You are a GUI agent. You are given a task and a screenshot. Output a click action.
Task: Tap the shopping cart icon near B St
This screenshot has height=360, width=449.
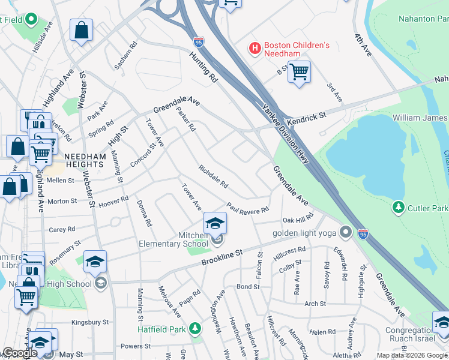click(298, 72)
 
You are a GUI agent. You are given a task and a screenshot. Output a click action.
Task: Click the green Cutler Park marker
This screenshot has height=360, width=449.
click(397, 208)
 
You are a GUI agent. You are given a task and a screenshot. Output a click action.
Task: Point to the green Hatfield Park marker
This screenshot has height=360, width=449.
click(194, 328)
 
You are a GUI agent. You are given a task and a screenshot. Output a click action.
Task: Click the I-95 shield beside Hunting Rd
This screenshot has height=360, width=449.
click(199, 41)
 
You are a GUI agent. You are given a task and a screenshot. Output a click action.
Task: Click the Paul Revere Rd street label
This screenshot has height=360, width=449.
click(247, 209)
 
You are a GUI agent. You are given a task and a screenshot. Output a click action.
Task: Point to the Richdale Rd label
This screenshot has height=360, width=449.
click(213, 175)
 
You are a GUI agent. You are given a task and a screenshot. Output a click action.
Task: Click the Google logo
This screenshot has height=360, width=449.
click(19, 353)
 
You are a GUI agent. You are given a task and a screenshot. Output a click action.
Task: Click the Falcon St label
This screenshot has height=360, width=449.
click(260, 262)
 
